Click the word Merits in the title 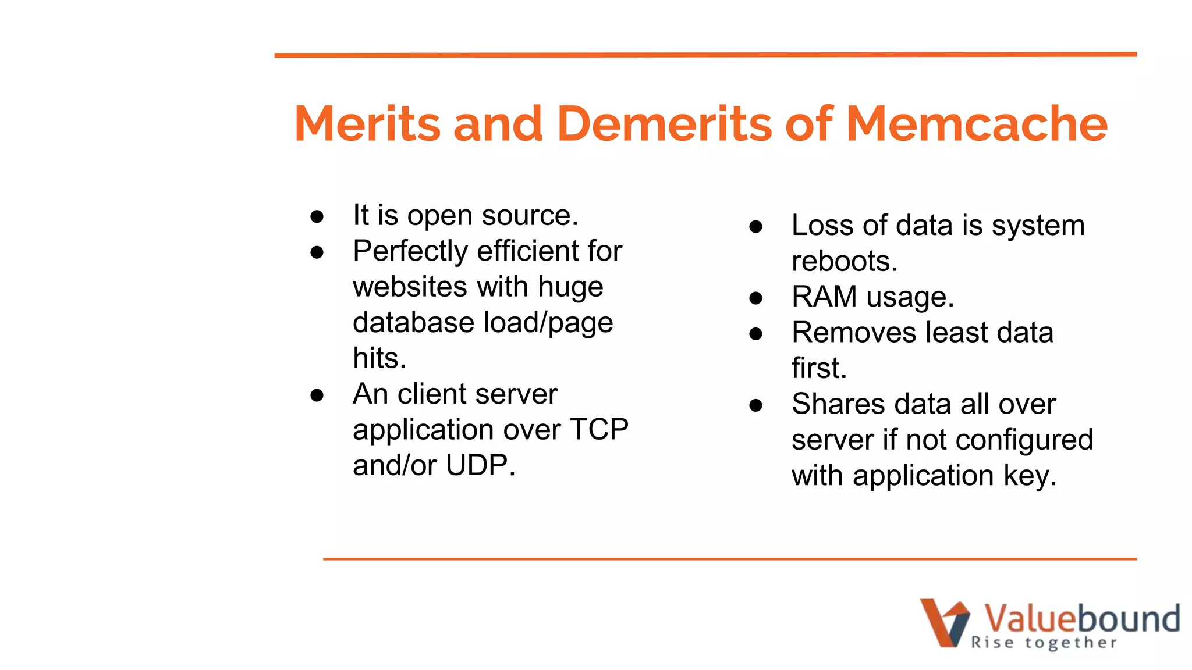368,124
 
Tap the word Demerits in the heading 664,124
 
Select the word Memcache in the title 976,124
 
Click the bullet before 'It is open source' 317,217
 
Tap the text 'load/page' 548,323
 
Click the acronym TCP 598,430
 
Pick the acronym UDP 480,465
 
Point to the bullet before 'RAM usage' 755,299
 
